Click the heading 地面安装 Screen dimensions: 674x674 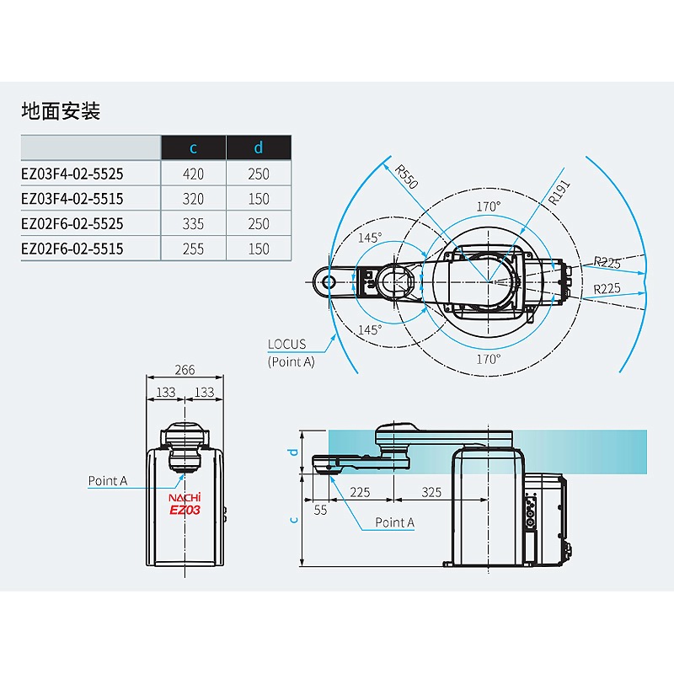click(61, 111)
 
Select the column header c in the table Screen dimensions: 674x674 click(193, 148)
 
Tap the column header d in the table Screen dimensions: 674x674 click(259, 148)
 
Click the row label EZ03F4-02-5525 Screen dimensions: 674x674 click(72, 174)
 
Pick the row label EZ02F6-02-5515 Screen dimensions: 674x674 click(72, 249)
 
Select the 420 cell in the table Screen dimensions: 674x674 click(193, 174)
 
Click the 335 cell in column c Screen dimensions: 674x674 click(193, 224)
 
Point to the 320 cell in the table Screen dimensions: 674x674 click(193, 199)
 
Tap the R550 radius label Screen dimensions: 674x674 click(407, 177)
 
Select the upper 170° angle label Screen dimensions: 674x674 click(488, 206)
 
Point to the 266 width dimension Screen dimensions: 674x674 click(185, 369)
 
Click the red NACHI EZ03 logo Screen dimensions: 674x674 click(185, 503)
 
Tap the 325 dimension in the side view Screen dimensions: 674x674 click(432, 492)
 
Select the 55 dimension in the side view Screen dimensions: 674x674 click(320, 511)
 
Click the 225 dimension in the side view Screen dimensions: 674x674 click(361, 492)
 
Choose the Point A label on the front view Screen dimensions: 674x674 click(108, 481)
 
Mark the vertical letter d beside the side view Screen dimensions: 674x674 click(293, 452)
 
